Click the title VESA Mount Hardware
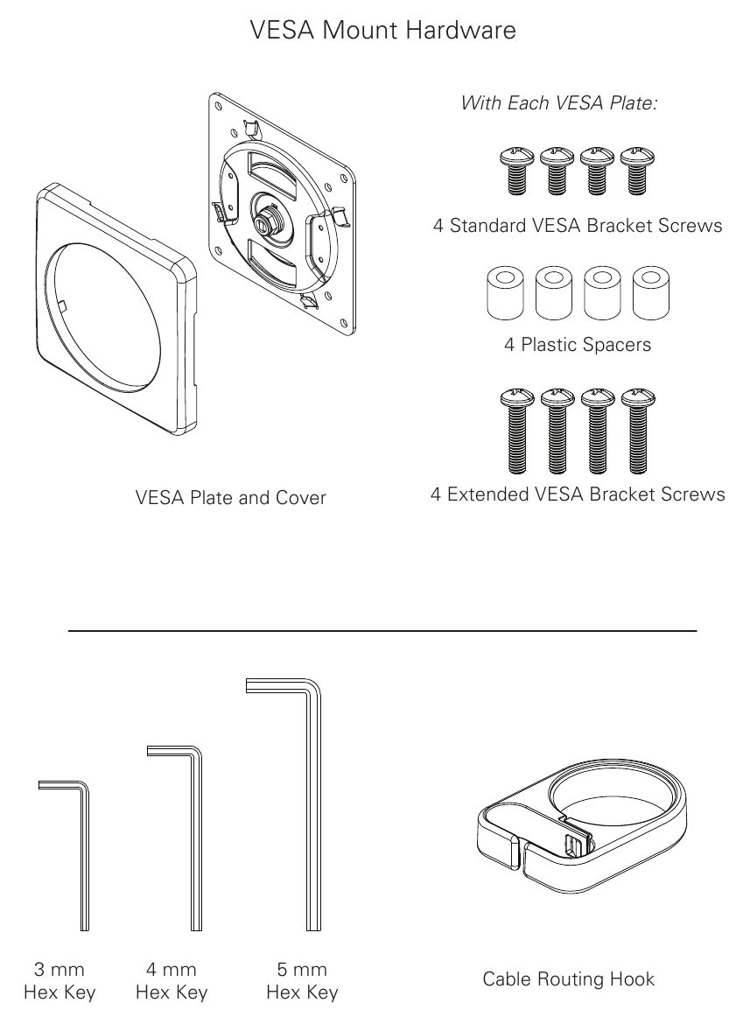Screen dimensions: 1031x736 click(x=382, y=31)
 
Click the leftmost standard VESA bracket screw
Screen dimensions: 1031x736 click(x=515, y=172)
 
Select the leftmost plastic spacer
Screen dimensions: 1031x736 click(x=505, y=291)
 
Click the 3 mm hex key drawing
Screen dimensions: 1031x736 click(x=84, y=858)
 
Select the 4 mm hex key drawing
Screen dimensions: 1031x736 click(x=196, y=840)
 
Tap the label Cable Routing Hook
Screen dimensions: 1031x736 click(x=568, y=978)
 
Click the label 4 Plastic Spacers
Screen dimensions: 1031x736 click(x=578, y=345)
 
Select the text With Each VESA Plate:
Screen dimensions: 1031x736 click(x=559, y=103)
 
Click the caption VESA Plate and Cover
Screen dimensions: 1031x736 click(x=231, y=498)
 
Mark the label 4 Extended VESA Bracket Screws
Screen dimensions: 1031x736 click(x=578, y=494)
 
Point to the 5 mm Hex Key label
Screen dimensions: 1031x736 click(x=302, y=981)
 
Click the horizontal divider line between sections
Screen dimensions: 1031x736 click(x=382, y=630)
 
